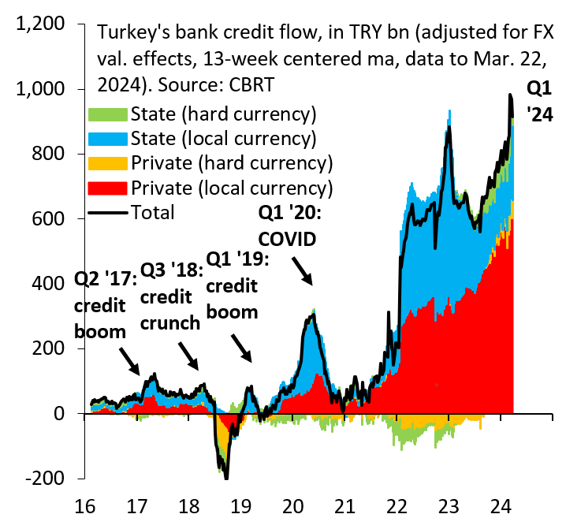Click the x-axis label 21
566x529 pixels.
(x=344, y=507)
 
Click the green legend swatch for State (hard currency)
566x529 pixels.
(x=109, y=114)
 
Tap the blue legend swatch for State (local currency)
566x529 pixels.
(x=109, y=139)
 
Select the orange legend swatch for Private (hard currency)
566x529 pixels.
(x=109, y=164)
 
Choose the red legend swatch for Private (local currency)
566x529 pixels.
(x=109, y=188)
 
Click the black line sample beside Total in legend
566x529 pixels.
(x=109, y=213)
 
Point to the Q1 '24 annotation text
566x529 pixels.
(x=541, y=101)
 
